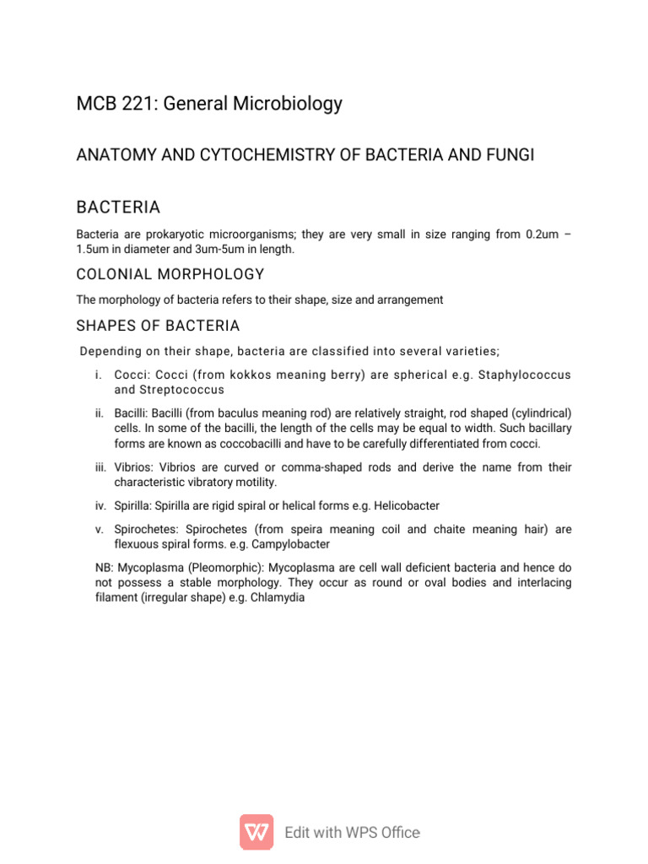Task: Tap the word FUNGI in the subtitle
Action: coord(510,156)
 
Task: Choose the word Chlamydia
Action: coord(277,598)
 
